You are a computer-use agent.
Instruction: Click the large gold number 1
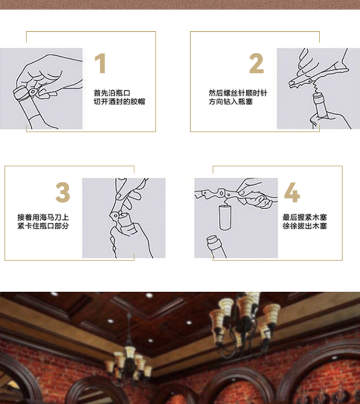pyautogui.click(x=100, y=63)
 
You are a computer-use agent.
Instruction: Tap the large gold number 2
pyautogui.click(x=256, y=63)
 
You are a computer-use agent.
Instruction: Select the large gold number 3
pyautogui.click(x=62, y=192)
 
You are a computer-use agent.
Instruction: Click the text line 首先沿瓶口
pyautogui.click(x=112, y=93)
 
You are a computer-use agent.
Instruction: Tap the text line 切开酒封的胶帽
pyautogui.click(x=120, y=102)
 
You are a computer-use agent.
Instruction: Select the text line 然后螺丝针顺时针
pyautogui.click(x=238, y=93)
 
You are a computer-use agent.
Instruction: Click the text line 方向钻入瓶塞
pyautogui.click(x=230, y=102)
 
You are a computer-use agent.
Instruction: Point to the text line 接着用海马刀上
pyautogui.click(x=43, y=217)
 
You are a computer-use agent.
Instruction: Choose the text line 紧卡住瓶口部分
pyautogui.click(x=43, y=226)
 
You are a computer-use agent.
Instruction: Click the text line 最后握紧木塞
pyautogui.click(x=305, y=217)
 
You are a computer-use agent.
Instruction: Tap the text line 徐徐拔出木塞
pyautogui.click(x=305, y=226)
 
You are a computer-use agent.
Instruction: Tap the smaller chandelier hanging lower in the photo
pyautogui.click(x=129, y=359)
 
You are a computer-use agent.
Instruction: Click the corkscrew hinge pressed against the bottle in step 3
pyautogui.click(x=115, y=214)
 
